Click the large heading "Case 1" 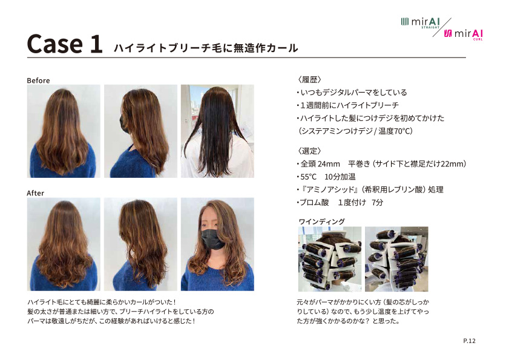(65, 44)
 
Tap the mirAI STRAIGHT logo (421, 22)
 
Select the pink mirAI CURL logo (463, 34)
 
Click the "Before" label (38, 80)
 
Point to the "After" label (35, 193)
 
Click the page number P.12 (469, 341)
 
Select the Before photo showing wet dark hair (217, 131)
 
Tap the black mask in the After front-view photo (212, 240)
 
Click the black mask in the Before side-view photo (124, 123)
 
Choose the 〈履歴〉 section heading (310, 79)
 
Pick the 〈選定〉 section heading (310, 151)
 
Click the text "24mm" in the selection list (329, 164)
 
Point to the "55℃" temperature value (308, 177)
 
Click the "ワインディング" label (322, 221)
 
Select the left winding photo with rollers (330, 259)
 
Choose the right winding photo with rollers (396, 259)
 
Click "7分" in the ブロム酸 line (377, 203)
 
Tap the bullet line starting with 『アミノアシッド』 (370, 189)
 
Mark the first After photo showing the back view (64, 244)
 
